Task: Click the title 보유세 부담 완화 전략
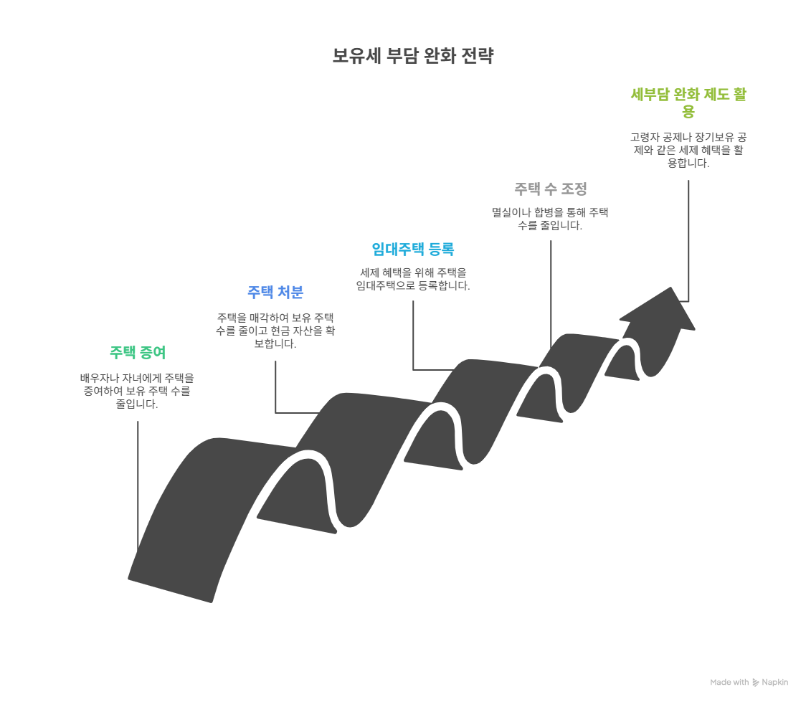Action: (412, 57)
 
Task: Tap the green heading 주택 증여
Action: (137, 353)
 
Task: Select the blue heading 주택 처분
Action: (275, 292)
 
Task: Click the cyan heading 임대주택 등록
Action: (413, 250)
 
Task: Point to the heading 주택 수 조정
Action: (551, 189)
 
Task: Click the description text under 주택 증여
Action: (137, 391)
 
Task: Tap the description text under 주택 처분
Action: (275, 331)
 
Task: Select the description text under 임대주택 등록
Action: (413, 279)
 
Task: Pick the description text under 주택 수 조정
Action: (550, 219)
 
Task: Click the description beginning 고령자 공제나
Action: (688, 150)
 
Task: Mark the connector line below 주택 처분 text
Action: (275, 387)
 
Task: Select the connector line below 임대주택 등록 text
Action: (413, 337)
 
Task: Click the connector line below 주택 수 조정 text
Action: (551, 287)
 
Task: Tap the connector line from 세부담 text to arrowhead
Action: (689, 237)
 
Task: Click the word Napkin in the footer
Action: (774, 683)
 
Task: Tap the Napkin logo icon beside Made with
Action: (755, 683)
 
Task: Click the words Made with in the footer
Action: (729, 683)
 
